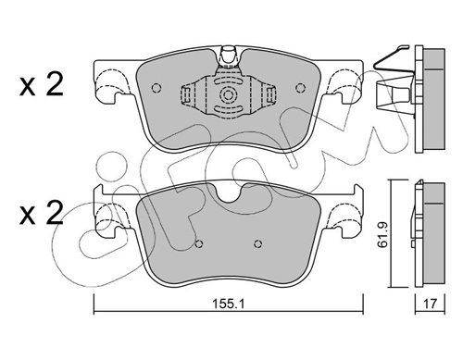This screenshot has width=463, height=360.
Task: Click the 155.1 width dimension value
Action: pos(228,304)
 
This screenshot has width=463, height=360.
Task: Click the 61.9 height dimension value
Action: pos(383,234)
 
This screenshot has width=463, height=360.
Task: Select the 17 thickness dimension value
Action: pos(430,304)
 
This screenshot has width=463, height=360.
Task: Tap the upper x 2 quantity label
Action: pos(42,83)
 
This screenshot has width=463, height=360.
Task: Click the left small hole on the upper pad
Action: pos(156,88)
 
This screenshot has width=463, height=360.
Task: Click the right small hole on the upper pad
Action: pos(299,88)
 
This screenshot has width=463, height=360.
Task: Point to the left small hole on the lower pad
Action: pos(199,244)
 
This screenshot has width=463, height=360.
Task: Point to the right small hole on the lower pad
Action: pos(258,244)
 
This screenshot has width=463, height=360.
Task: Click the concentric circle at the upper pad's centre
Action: pos(228,94)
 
